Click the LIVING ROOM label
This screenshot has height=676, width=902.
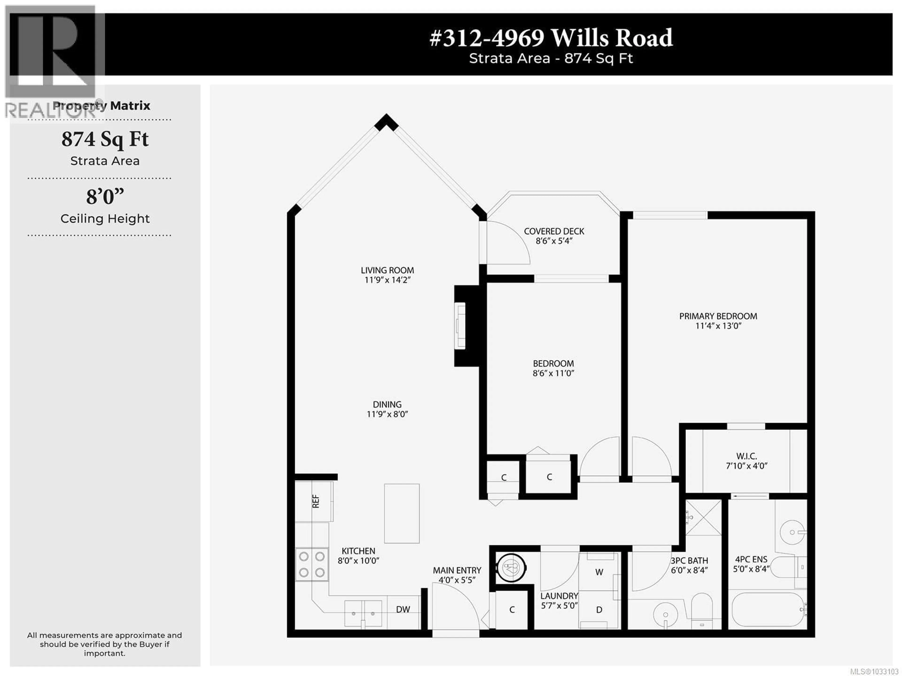[387, 270]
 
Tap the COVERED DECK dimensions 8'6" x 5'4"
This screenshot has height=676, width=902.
[554, 241]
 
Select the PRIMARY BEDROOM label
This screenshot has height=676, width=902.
[718, 316]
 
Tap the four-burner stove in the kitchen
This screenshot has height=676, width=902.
[311, 564]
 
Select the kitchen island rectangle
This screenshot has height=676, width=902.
[402, 513]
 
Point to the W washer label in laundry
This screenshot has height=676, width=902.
[599, 572]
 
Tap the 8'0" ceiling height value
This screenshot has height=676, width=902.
[105, 197]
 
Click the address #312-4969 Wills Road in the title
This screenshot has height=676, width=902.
[551, 38]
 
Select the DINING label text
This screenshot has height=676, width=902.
[387, 404]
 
